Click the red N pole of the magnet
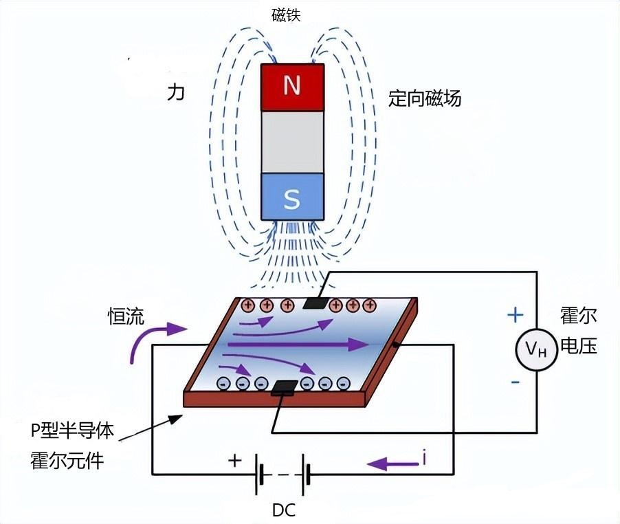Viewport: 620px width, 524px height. tap(292, 87)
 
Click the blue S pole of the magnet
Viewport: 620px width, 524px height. tap(292, 197)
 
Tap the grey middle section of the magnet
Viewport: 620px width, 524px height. tap(292, 142)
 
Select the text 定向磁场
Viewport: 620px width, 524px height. tap(424, 98)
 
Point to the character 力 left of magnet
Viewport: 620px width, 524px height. tap(177, 94)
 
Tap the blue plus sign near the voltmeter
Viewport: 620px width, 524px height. tap(515, 315)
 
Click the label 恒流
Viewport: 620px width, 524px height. tap(126, 316)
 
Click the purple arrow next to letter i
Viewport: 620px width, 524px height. tap(391, 465)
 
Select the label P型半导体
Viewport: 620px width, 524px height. tap(72, 431)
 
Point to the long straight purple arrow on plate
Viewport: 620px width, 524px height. tap(296, 344)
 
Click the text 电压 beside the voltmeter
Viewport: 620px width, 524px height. tap(579, 345)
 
